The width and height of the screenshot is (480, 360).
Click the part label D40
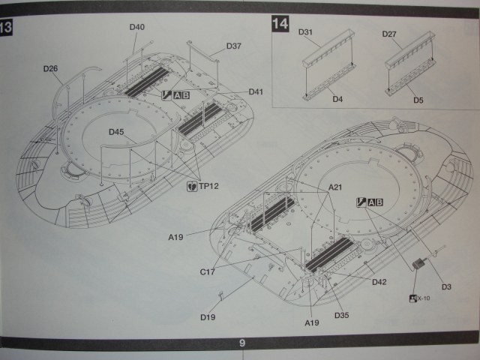(136, 28)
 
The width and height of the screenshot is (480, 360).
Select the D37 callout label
(233, 46)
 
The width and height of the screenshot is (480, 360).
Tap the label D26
(51, 69)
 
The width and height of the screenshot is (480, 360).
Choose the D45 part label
(115, 132)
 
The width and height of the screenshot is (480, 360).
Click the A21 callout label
(337, 187)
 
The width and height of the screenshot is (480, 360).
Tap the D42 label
(379, 282)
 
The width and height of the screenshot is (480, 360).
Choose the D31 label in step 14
(306, 33)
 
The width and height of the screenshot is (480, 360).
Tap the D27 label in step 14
(389, 34)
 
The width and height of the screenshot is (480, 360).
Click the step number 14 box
(280, 24)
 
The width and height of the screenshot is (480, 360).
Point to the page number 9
(242, 343)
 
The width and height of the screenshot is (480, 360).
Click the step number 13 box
(6, 29)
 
